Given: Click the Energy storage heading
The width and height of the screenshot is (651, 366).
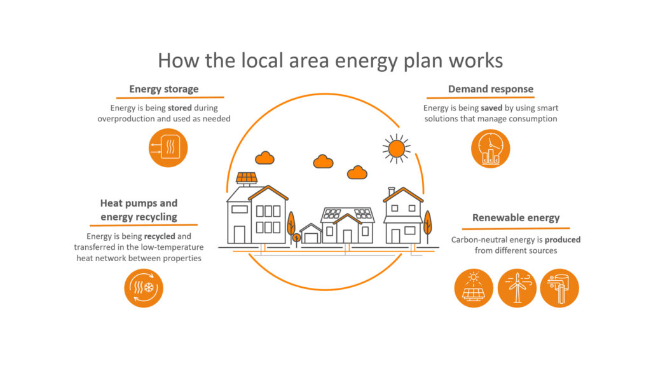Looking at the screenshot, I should [x=163, y=89].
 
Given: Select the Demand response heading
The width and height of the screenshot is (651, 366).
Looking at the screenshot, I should [x=490, y=89].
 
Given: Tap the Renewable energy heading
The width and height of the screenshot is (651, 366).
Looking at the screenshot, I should [x=516, y=218].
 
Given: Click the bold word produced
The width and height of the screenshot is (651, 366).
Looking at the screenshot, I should [x=563, y=240].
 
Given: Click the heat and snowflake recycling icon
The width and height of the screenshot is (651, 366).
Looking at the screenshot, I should [x=143, y=288].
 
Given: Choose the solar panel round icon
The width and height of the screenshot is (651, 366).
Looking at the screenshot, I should [x=474, y=288].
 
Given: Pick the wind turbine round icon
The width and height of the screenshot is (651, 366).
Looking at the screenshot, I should [x=516, y=288].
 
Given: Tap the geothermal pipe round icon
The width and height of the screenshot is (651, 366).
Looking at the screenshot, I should [x=559, y=288].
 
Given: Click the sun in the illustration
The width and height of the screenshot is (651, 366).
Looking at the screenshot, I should [x=397, y=148].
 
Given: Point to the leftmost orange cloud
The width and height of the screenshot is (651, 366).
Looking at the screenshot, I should [x=264, y=158].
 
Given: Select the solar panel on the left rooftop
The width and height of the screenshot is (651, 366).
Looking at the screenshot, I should [x=247, y=177].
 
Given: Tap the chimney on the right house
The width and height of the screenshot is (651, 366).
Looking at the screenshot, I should [x=392, y=190].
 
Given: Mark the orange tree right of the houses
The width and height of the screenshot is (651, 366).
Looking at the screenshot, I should [x=427, y=223].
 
